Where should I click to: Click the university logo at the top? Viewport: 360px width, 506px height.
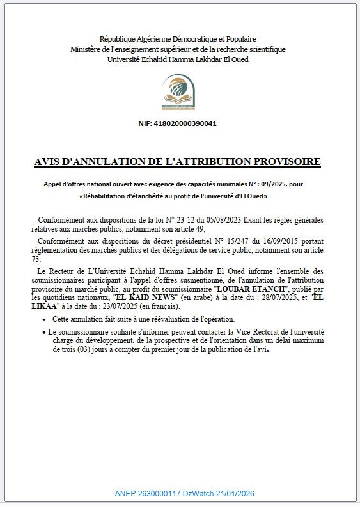tap(179, 92)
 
